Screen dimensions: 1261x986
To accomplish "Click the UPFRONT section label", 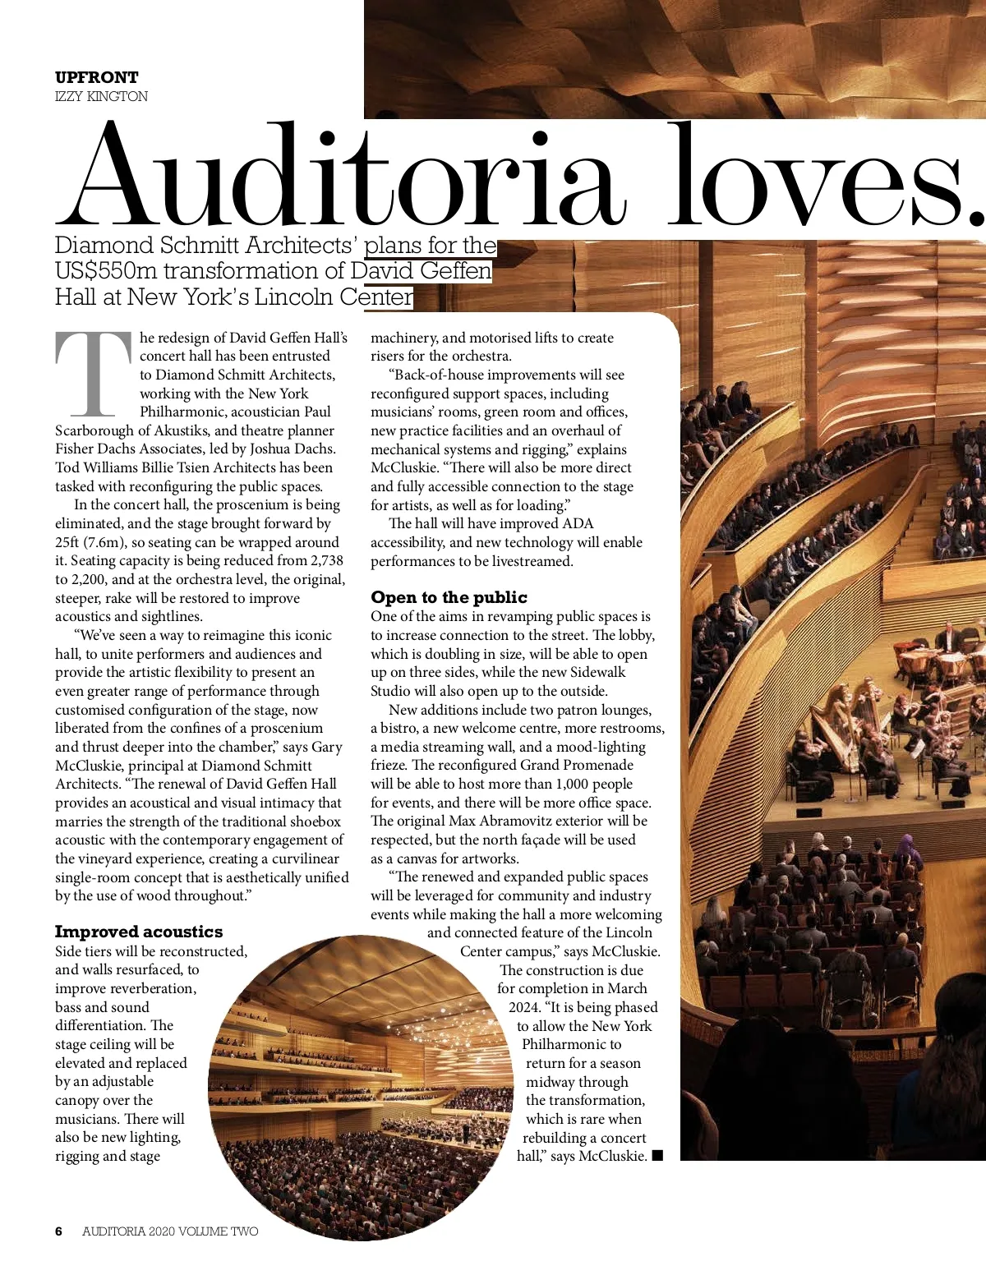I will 96,77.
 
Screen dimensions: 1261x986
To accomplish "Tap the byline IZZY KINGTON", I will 101,96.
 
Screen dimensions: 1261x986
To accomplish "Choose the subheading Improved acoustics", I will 139,932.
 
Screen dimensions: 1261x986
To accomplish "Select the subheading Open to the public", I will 449,597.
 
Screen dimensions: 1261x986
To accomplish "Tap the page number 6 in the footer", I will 58,1231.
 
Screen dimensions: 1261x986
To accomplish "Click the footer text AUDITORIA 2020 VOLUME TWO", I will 170,1231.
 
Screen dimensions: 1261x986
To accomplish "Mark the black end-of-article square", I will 657,1157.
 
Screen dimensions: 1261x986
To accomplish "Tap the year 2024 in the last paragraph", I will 523,1007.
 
